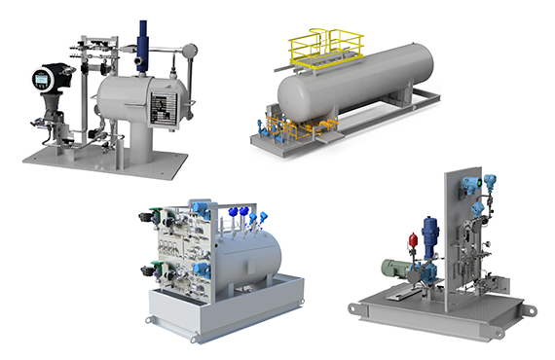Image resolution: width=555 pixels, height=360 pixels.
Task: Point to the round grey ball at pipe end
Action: [x=190, y=51]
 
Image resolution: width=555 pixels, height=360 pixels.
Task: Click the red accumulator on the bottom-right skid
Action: [x=413, y=238]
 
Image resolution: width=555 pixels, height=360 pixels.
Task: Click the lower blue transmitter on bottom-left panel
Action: [x=201, y=270]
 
